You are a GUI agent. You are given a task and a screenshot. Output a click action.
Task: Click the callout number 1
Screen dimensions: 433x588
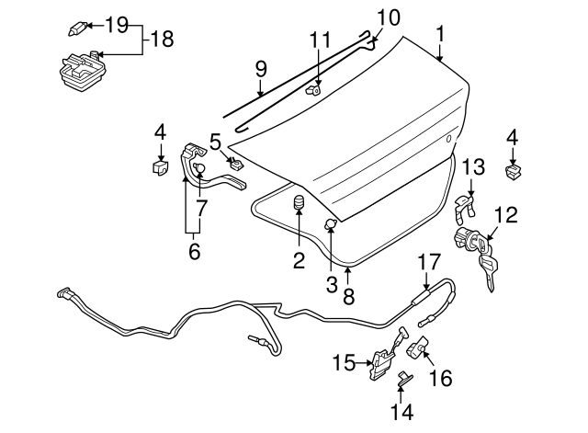441,34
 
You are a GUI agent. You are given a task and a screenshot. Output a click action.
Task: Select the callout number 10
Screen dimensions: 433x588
388,17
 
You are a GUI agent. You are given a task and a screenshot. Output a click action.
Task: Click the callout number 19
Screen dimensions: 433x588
117,24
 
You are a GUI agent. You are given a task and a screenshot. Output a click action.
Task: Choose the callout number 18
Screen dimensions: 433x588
162,39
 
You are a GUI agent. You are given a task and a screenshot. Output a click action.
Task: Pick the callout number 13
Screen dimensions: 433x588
472,166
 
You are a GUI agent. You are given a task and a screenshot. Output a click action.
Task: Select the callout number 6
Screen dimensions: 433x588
194,249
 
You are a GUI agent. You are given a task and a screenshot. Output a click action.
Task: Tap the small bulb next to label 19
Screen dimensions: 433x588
76,28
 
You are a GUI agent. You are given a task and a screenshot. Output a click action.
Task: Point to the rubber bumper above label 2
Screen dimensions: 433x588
299,202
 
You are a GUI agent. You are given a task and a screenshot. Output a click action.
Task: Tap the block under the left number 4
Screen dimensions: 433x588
160,168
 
